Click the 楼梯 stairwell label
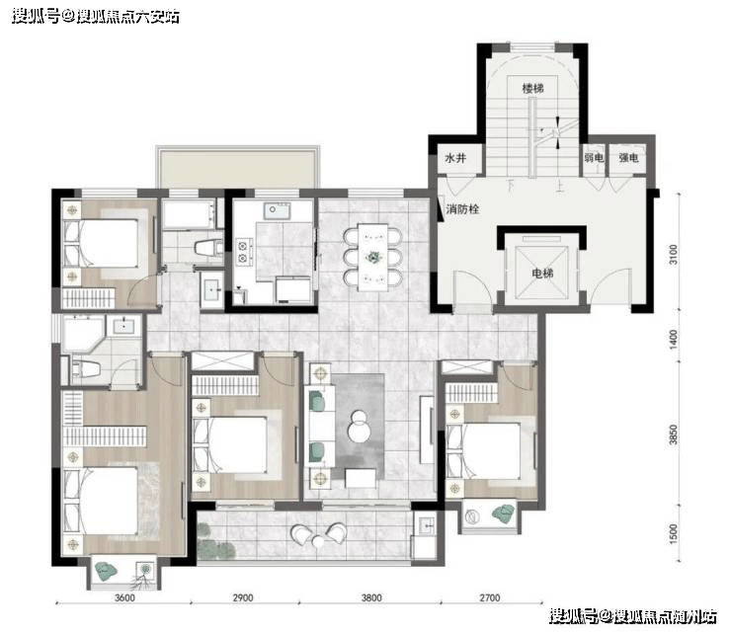point(532,88)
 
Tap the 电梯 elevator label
point(542,273)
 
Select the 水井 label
point(455,158)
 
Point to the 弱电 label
point(594,158)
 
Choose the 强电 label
point(628,158)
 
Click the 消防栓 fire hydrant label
point(462,208)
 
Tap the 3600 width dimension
point(124,597)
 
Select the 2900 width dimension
point(243,597)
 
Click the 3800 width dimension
point(371,597)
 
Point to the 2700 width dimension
point(490,597)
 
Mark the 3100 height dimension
point(673,255)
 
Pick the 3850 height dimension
point(673,435)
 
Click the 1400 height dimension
point(673,339)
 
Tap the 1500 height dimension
point(673,533)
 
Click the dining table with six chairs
point(372,257)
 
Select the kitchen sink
point(277,210)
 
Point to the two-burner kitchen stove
point(242,252)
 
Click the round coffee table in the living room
point(359,426)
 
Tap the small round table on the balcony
point(319,541)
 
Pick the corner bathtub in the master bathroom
point(83,334)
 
